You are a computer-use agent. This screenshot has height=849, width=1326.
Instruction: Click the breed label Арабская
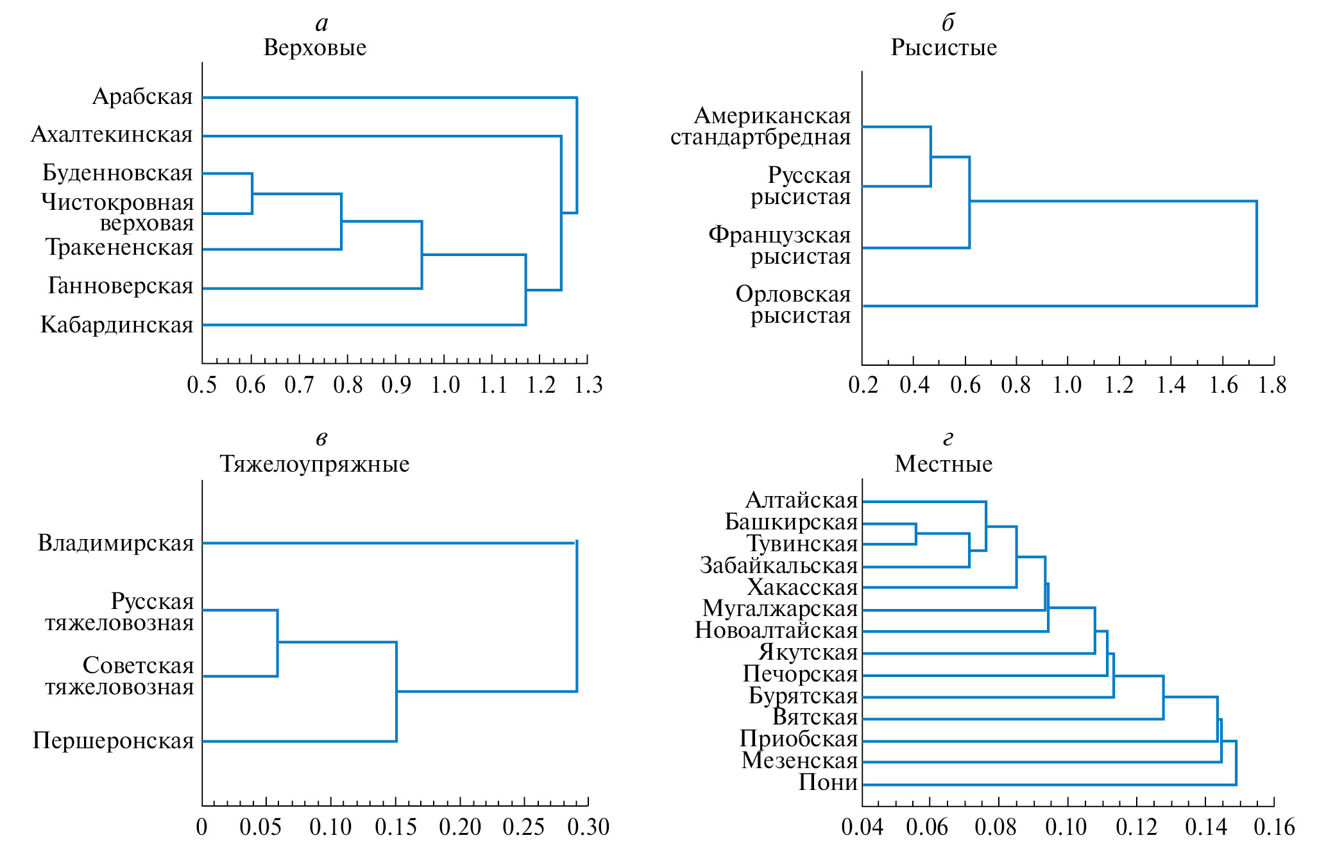tap(142, 97)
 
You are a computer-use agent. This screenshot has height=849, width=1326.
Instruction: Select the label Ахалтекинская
tap(112, 135)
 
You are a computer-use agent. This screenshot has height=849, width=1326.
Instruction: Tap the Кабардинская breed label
tap(117, 325)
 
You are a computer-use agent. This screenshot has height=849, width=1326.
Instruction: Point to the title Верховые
tap(315, 47)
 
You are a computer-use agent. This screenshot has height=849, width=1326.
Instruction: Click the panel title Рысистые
tap(944, 47)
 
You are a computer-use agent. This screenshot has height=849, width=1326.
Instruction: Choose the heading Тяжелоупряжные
tap(314, 464)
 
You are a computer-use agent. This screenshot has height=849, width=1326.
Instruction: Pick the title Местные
tap(944, 464)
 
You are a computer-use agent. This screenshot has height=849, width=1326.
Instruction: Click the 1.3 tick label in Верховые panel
tap(588, 385)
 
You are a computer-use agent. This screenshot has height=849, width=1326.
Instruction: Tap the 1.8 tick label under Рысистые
tap(1273, 385)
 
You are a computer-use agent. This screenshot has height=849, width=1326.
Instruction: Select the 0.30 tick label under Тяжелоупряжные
tap(588, 827)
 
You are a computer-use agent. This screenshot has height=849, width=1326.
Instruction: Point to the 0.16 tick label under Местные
tap(1274, 827)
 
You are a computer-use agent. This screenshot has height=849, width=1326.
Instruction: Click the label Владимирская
tap(116, 544)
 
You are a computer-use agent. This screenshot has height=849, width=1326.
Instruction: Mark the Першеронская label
tap(114, 741)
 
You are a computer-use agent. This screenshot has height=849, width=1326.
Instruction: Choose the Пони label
tap(828, 783)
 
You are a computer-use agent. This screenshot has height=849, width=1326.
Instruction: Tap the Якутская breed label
tap(808, 653)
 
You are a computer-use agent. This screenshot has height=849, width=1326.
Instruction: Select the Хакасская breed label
tap(803, 587)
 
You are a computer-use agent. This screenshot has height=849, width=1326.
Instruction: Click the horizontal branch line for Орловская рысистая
tap(1058, 306)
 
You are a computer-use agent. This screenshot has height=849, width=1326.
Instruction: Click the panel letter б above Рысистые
tap(948, 23)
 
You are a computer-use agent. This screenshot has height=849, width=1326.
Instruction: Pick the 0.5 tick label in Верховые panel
tap(202, 385)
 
